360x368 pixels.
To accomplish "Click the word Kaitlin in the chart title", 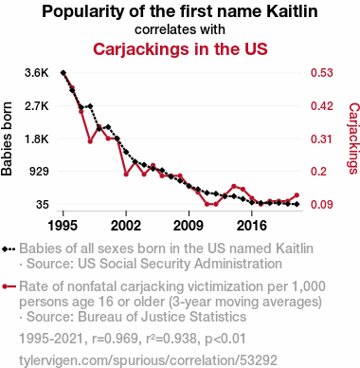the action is click(292, 11).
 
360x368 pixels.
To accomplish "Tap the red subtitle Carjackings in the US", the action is click(180, 49).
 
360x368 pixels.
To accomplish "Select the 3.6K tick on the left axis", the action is click(37, 73).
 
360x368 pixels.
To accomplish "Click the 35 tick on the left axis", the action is click(43, 205).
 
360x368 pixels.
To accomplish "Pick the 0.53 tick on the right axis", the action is click(322, 73).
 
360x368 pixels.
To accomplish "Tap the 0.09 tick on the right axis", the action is click(322, 205).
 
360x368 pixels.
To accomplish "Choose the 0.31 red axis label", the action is click(322, 138).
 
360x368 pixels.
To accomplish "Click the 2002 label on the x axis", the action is click(126, 226).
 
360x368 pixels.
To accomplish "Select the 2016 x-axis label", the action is click(252, 226).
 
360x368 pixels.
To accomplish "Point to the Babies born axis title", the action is click(7, 138).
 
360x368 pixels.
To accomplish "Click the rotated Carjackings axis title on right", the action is click(353, 138).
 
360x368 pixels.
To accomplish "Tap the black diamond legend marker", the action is click(9, 248).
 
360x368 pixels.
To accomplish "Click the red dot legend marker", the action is click(9, 286).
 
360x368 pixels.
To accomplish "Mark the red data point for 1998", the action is click(90, 141).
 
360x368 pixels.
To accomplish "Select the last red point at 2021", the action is click(297, 195).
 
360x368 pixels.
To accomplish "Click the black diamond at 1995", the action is click(63, 73).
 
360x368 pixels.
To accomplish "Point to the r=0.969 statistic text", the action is click(116, 339).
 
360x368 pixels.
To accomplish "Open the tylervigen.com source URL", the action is click(148, 360).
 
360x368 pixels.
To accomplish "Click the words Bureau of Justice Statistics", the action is click(162, 317).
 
